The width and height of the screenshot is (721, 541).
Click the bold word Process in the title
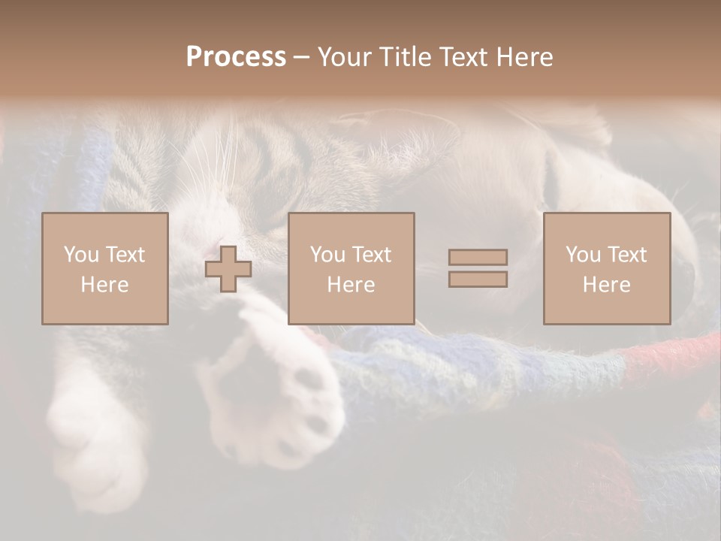click(236, 57)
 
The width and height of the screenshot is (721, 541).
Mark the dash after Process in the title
click(302, 58)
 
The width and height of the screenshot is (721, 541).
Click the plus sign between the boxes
click(228, 269)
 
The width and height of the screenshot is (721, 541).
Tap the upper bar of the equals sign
click(478, 257)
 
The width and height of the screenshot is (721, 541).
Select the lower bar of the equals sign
click(478, 279)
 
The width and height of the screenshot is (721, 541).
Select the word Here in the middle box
click(351, 285)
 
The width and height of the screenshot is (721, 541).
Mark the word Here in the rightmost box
click(606, 285)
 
